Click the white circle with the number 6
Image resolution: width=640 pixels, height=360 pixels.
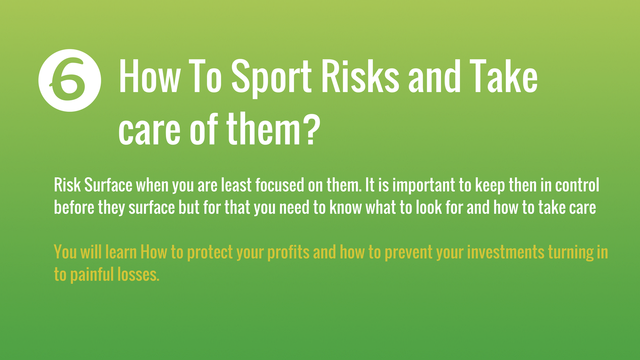tap(70, 80)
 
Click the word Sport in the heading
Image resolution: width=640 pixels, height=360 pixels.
tap(271, 78)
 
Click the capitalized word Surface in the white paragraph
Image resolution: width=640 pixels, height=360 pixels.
tap(108, 185)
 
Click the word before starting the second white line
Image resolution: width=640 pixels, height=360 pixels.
tap(74, 207)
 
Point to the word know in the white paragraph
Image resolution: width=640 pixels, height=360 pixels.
tap(346, 207)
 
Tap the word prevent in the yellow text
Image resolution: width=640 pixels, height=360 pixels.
tap(408, 253)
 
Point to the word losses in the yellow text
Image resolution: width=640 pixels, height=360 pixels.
tap(138, 274)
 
